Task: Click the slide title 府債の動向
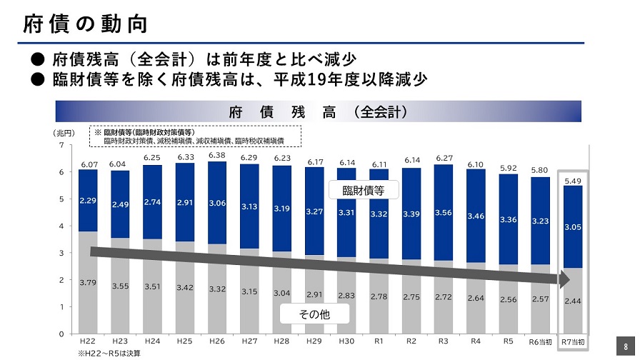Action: [85, 24]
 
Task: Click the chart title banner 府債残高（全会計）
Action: [319, 111]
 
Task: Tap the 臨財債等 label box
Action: [364, 190]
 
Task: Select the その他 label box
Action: [314, 314]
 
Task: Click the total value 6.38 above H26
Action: [217, 155]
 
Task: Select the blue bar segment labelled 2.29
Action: [89, 201]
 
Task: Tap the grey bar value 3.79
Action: [89, 282]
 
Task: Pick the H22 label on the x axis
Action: [89, 341]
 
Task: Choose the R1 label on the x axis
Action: [379, 341]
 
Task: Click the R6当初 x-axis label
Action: [541, 342]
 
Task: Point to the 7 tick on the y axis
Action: [61, 145]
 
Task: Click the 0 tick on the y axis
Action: [61, 334]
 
